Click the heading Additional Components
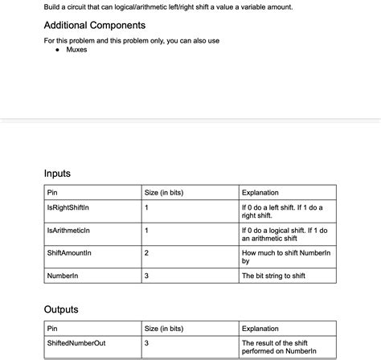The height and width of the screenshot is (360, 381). coord(95,26)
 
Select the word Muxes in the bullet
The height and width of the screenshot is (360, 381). coord(77,50)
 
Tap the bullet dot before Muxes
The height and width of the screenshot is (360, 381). coord(58,50)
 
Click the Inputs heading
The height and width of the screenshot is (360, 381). coord(57,173)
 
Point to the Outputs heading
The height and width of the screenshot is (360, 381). coord(61,309)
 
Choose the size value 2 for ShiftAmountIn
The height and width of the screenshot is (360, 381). coord(146,253)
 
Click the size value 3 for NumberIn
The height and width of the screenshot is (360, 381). coord(146,276)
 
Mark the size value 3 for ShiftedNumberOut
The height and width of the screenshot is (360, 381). coord(146,343)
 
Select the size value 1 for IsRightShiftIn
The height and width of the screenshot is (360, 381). coord(146,207)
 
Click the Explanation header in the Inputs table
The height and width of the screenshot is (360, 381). coord(260,193)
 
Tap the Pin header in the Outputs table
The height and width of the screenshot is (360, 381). coord(53,329)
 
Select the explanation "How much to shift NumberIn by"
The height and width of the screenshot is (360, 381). coord(286,257)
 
